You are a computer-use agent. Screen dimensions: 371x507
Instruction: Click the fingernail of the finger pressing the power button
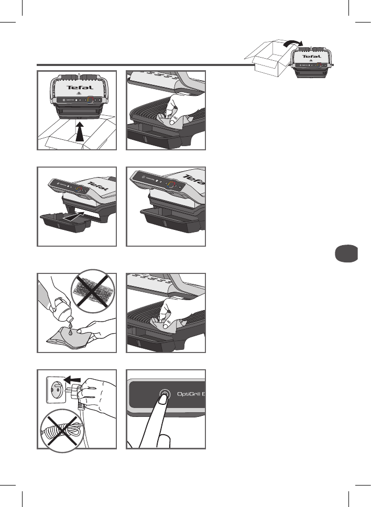click(x=163, y=400)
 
